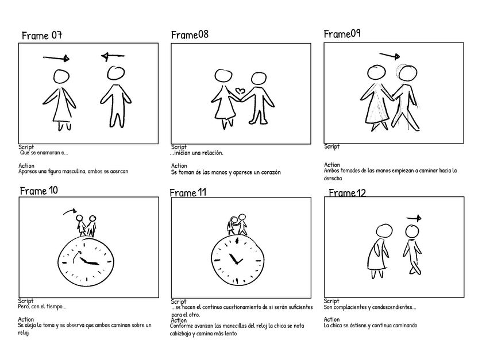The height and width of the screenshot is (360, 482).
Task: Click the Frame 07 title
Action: pyautogui.click(x=41, y=36)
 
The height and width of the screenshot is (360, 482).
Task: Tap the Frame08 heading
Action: pyautogui.click(x=190, y=35)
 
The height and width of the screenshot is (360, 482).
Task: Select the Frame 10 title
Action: pyautogui.click(x=38, y=191)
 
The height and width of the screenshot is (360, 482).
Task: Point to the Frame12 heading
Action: pyautogui.click(x=347, y=193)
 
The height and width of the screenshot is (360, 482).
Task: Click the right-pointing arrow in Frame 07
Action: pyautogui.click(x=56, y=57)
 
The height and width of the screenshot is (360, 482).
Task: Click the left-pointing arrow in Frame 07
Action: pyautogui.click(x=113, y=56)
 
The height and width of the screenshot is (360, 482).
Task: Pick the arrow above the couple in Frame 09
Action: pyautogui.click(x=389, y=56)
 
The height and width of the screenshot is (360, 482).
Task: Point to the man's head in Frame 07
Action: pyautogui.click(x=116, y=73)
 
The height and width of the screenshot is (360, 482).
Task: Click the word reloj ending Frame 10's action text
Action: pyautogui.click(x=24, y=334)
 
